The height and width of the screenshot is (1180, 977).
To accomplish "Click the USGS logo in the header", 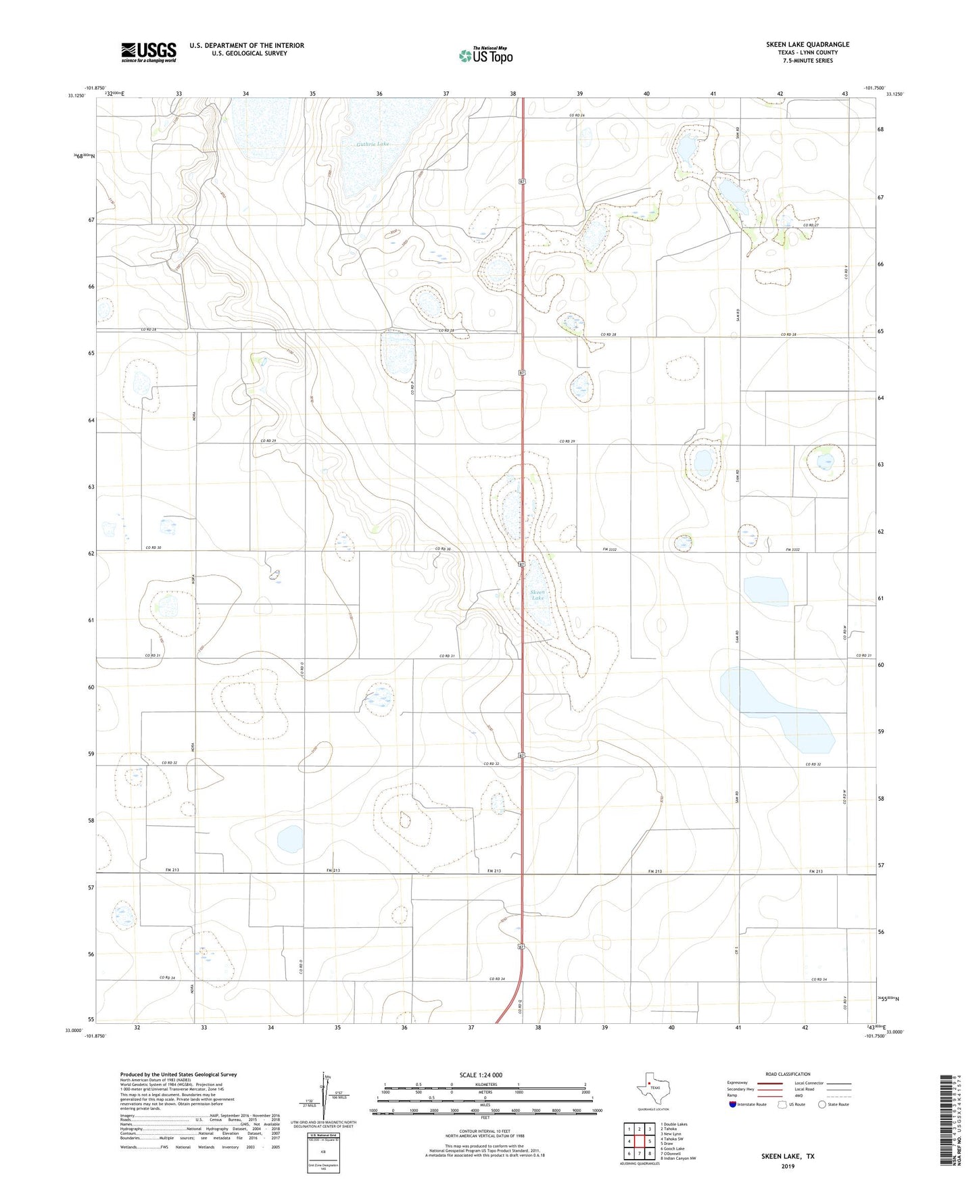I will click(148, 52).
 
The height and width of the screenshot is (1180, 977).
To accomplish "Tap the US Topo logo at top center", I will click(485, 55).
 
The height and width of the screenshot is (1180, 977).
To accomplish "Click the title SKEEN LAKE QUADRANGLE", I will click(807, 45).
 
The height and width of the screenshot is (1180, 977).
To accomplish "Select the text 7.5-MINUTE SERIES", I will click(807, 61).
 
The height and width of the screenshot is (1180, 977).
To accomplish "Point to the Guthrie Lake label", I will click(373, 144).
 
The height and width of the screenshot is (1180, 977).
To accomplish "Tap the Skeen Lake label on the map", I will click(538, 595).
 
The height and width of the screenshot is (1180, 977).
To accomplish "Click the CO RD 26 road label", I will click(576, 116).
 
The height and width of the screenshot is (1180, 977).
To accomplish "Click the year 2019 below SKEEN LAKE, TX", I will click(788, 1166).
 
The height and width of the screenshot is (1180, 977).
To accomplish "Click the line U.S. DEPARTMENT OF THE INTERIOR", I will click(247, 45).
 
